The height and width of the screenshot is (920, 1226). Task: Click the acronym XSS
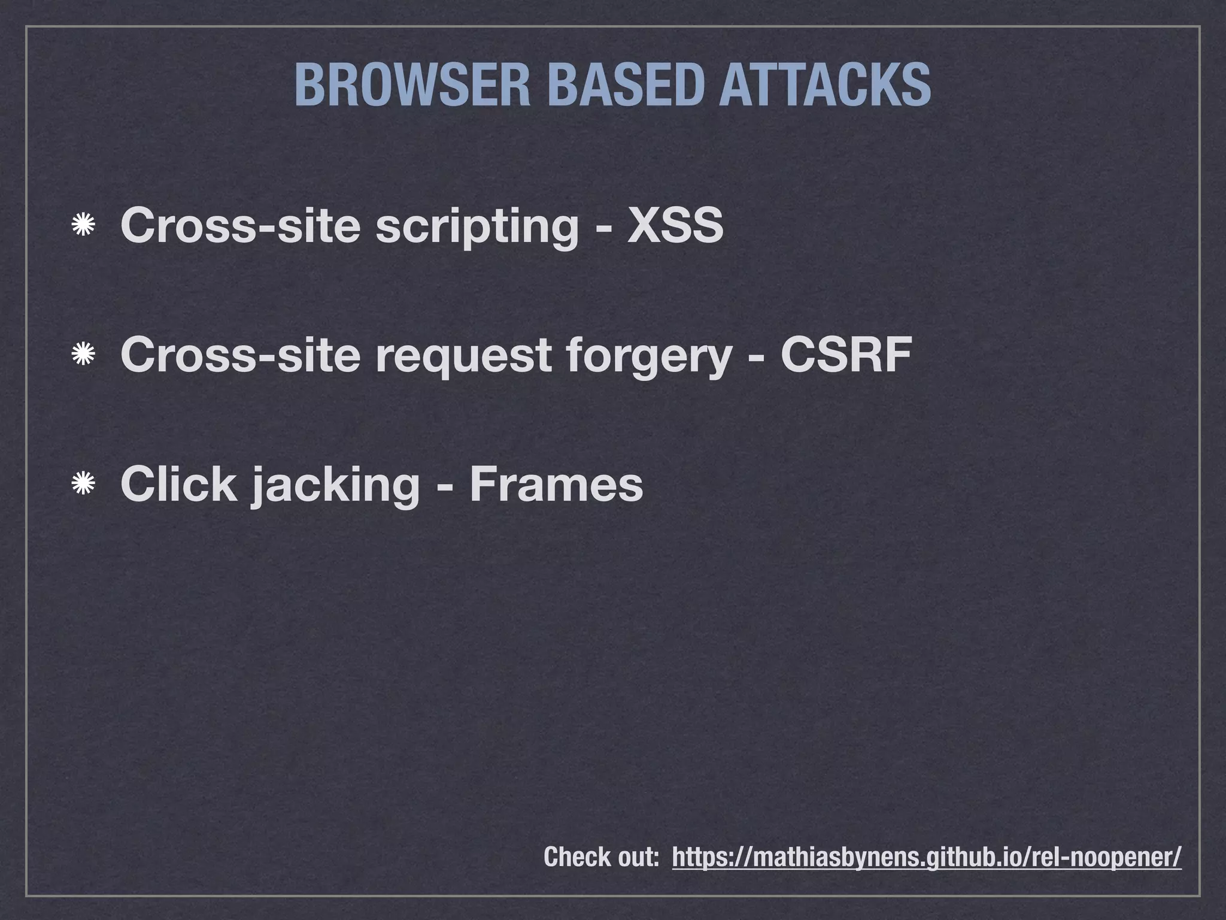[675, 226]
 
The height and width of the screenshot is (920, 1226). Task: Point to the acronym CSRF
[846, 355]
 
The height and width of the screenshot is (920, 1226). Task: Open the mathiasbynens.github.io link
[927, 857]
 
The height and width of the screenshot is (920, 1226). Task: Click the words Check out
[601, 857]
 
